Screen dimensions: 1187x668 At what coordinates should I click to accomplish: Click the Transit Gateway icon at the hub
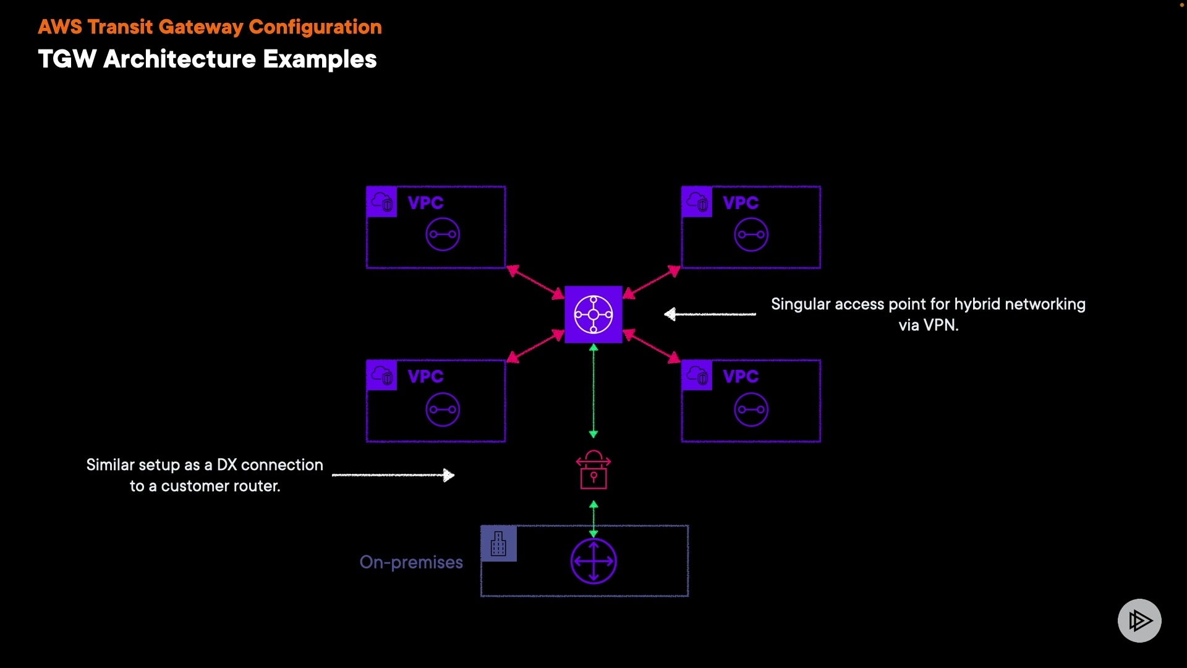pos(593,314)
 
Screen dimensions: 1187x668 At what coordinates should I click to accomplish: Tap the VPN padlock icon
pos(593,470)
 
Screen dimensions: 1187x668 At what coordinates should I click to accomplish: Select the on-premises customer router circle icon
pos(593,561)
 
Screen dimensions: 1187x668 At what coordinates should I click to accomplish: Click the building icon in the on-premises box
pos(498,544)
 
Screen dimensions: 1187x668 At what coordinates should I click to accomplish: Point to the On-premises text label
pos(411,562)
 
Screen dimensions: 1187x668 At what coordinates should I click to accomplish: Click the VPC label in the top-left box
pos(426,203)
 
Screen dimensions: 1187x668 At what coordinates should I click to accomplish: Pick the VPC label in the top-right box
pos(741,203)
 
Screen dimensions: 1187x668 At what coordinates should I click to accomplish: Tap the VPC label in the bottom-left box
pos(426,377)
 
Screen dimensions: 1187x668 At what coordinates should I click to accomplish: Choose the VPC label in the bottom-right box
pos(741,377)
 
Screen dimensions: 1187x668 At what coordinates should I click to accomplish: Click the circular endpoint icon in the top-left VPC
pos(443,234)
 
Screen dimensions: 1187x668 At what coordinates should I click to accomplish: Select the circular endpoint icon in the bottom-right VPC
pos(751,409)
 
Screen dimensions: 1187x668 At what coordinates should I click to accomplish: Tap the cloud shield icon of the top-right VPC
pos(697,202)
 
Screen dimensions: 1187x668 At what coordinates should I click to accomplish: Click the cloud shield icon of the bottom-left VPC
pos(382,375)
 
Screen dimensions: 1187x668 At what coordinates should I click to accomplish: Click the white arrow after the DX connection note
pos(393,475)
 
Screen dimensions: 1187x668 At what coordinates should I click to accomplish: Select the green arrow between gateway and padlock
pos(593,391)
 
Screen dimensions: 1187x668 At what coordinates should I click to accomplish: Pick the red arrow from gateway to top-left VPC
pos(535,282)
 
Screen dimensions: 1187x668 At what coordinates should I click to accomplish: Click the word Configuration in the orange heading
pos(315,27)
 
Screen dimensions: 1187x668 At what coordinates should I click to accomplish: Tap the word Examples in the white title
pos(320,59)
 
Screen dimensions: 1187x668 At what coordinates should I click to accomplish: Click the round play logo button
pos(1139,620)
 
